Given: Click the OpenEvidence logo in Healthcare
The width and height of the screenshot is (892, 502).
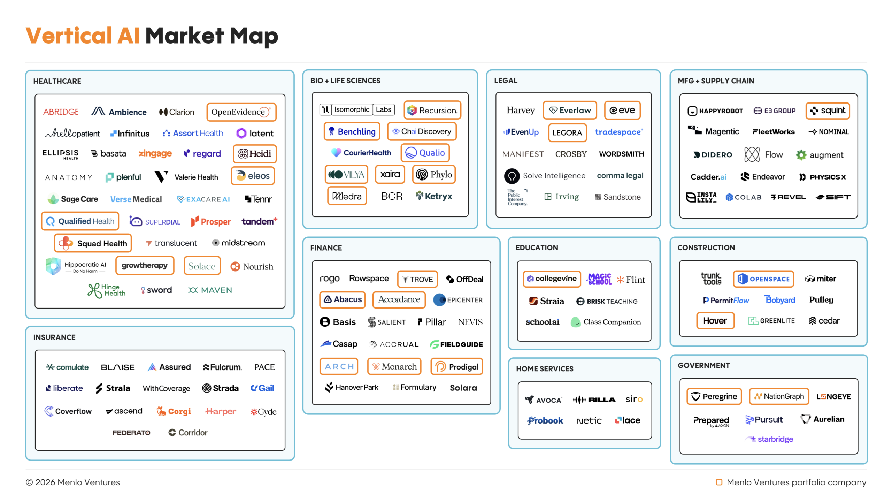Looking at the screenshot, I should (241, 112).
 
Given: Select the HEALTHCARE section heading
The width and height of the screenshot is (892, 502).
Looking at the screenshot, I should (57, 81).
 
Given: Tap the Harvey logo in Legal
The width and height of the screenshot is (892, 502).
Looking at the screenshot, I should (520, 110).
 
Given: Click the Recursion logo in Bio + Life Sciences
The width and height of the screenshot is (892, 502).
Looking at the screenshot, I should (432, 111).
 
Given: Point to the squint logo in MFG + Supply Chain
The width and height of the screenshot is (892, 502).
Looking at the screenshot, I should (828, 111).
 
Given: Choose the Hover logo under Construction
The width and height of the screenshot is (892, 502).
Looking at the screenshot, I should (715, 321).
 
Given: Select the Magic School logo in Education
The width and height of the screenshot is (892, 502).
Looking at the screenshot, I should (599, 279).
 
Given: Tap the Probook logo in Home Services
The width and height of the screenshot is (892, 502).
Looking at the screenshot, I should (545, 420).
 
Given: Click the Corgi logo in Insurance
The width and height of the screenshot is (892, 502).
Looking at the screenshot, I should (174, 412).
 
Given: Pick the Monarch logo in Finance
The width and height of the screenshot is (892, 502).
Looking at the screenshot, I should (394, 367).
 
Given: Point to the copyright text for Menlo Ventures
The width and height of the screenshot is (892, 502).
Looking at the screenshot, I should (73, 482).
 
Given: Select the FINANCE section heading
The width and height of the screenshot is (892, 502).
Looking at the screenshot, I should (326, 248).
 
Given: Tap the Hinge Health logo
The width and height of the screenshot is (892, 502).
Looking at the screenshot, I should (107, 290).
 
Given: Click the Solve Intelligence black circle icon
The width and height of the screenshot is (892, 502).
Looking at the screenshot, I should (512, 176).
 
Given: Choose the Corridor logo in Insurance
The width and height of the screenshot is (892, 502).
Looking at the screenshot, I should (188, 433).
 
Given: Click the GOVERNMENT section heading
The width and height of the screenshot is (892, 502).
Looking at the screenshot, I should (703, 366).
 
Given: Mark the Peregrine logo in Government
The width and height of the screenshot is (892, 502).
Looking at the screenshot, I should (714, 397).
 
